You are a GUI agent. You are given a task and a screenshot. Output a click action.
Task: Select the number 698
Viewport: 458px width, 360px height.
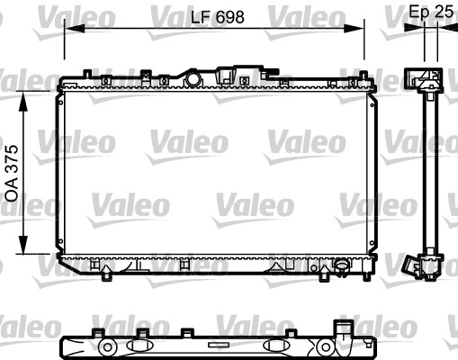point(229,15)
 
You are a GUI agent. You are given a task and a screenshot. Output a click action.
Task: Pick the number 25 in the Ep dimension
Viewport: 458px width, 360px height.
point(443,12)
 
